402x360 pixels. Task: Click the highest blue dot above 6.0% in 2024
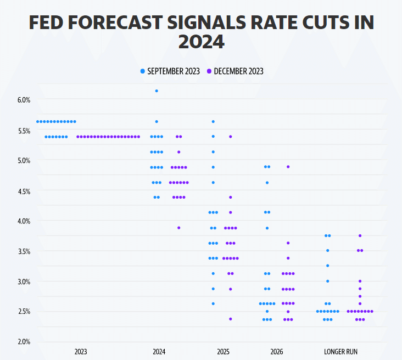157,91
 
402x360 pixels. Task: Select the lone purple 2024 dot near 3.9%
178,227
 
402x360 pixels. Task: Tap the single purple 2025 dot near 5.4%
231,136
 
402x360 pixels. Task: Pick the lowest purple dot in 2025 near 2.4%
231,319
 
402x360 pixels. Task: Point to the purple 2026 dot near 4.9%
288,166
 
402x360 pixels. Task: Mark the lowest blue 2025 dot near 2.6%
213,303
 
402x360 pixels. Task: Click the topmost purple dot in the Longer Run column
360,235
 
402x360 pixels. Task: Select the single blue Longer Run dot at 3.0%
327,281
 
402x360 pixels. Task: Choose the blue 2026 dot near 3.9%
267,228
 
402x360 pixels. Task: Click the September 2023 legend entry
170,71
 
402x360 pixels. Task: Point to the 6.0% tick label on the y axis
24,100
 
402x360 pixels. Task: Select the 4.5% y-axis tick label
24,191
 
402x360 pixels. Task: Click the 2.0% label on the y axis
24,342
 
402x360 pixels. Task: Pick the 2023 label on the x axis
81,351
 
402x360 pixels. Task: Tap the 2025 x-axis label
223,351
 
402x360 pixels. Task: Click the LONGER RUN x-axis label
342,351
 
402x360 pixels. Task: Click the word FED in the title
48,23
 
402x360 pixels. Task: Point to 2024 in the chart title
201,42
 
